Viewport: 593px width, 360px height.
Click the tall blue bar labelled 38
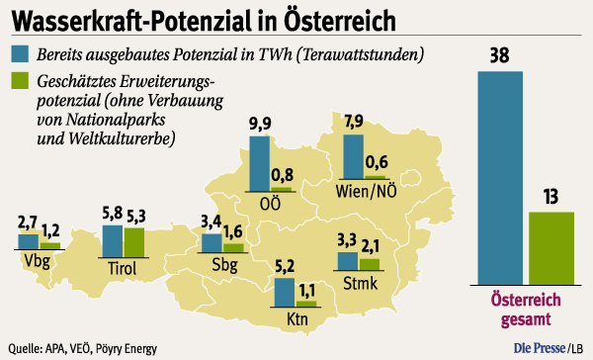[501, 177]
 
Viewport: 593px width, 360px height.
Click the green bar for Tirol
[134, 240]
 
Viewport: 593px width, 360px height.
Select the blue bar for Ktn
[284, 292]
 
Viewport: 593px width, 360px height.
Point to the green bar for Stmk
[369, 263]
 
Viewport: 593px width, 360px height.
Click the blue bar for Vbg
[29, 241]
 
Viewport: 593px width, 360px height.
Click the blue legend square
[19, 53]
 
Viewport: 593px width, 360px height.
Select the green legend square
[19, 80]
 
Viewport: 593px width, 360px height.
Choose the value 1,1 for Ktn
[306, 288]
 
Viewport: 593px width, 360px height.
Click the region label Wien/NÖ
[366, 189]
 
